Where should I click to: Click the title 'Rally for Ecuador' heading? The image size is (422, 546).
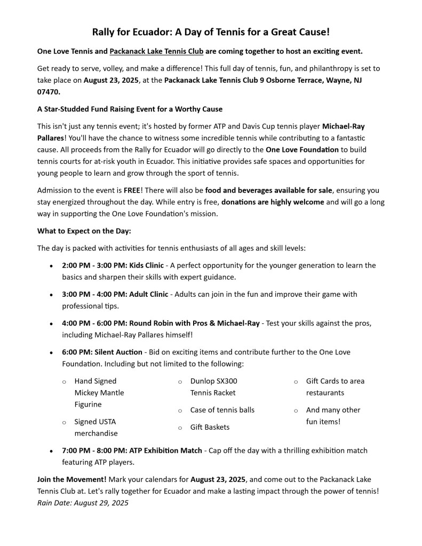(x=211, y=33)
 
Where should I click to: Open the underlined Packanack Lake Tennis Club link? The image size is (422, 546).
(x=156, y=52)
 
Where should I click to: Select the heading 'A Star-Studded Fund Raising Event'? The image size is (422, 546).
(x=130, y=109)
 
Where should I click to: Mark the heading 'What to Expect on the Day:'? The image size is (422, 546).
(x=84, y=231)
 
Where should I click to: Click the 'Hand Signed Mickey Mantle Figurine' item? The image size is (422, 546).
(x=99, y=393)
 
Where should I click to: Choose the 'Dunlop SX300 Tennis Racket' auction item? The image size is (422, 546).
(x=213, y=387)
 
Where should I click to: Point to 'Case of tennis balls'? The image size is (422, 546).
(x=222, y=410)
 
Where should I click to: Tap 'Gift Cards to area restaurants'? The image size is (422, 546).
(x=335, y=387)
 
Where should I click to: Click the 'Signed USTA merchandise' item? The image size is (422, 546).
(x=96, y=428)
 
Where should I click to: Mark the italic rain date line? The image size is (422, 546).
(x=83, y=503)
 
